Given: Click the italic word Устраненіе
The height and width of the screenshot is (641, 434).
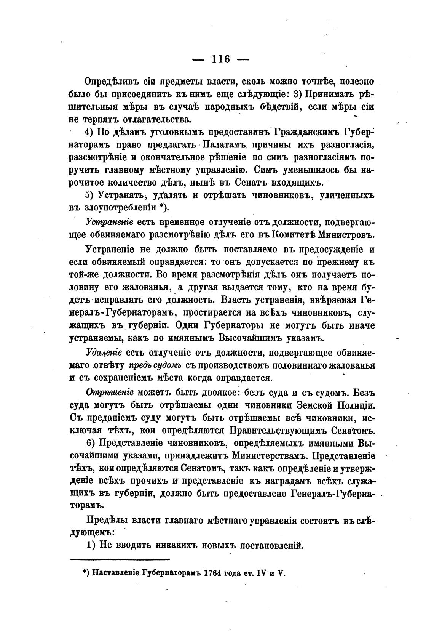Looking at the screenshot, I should click(109, 222).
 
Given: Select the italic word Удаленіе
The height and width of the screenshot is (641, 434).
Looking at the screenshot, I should click(101, 352).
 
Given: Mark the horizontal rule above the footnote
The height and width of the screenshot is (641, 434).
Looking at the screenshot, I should click(120, 559).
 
